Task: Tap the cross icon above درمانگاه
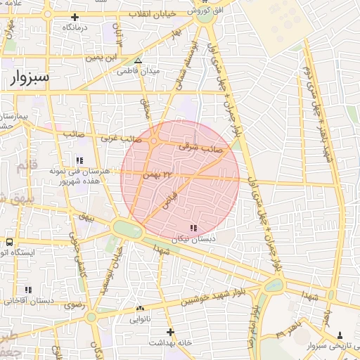[75, 16]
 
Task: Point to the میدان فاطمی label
[139, 71]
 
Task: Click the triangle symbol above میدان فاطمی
[138, 60]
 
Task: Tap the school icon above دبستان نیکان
[193, 228]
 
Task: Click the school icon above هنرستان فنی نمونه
[80, 160]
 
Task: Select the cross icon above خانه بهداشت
[169, 332]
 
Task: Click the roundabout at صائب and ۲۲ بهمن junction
[154, 143]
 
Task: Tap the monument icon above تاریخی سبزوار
[340, 335]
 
